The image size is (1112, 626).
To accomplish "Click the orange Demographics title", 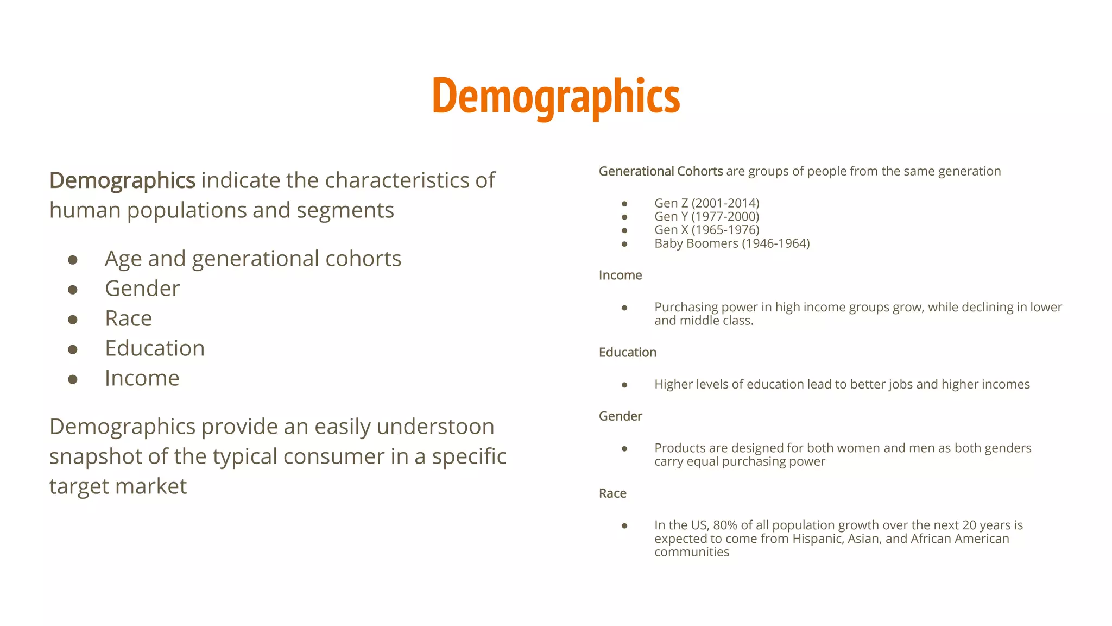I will tap(556, 96).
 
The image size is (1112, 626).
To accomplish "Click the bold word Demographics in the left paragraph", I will tap(122, 180).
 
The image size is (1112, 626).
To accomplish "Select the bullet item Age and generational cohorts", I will tap(252, 259).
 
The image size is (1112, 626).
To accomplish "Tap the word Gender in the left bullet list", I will tap(142, 289).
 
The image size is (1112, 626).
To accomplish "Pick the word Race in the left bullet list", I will tap(128, 318).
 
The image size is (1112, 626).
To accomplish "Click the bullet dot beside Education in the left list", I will tap(73, 349).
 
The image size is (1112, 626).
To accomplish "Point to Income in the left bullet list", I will tap(142, 378).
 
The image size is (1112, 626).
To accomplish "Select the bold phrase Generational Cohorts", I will tap(660, 171).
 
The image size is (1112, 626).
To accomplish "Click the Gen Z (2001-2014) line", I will tap(706, 203).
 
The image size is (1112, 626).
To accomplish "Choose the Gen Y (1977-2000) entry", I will tap(706, 216).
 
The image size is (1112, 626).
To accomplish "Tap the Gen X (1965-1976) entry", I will tap(706, 230).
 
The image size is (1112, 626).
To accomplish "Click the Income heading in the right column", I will tap(620, 275).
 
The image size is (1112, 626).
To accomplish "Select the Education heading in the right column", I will tap(627, 352).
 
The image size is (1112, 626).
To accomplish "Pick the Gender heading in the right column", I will tap(620, 416).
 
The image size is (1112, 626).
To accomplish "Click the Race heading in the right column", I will tap(612, 493).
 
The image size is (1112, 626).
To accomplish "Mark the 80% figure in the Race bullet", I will tap(724, 525).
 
